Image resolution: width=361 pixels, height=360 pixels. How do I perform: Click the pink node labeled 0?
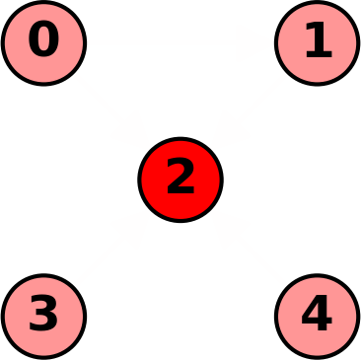43,43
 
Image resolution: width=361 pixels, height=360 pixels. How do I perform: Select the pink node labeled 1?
317,43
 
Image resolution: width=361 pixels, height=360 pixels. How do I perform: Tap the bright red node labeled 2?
180,180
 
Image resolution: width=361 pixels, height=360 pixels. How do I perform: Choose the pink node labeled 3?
43,317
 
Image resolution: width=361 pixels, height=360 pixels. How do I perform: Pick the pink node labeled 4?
317,317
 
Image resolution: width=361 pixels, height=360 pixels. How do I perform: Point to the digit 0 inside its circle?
43,41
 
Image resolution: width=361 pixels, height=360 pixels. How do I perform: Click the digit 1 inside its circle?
318,41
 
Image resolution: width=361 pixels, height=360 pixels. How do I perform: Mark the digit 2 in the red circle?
180,179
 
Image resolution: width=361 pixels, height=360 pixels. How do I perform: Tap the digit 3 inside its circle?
43,316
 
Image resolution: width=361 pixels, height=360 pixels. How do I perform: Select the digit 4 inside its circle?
316,315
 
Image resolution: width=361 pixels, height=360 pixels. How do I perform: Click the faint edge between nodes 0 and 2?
111,111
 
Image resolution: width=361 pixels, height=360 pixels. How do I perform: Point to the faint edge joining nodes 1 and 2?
249,111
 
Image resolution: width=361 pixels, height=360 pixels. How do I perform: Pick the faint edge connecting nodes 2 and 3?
111,249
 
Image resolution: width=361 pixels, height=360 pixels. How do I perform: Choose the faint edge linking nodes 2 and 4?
249,249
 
